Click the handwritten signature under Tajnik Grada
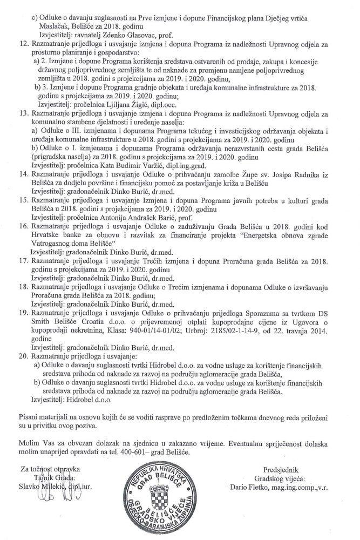(x=59, y=505)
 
